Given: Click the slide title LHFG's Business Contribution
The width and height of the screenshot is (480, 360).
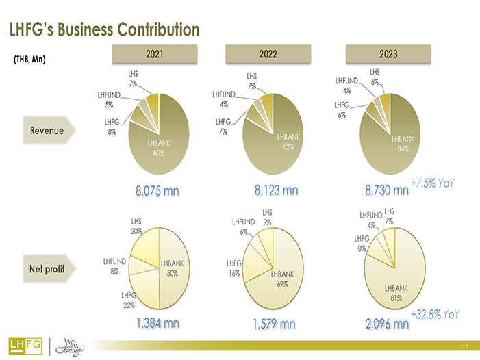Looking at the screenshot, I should tap(103, 30).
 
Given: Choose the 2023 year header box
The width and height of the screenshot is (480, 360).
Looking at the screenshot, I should tap(388, 53).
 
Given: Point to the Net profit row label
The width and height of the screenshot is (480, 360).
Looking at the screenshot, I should tap(47, 268).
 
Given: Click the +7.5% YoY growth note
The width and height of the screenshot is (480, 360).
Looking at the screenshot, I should tap(434, 183).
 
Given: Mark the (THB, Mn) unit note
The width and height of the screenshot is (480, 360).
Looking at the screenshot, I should tap(29, 59).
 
